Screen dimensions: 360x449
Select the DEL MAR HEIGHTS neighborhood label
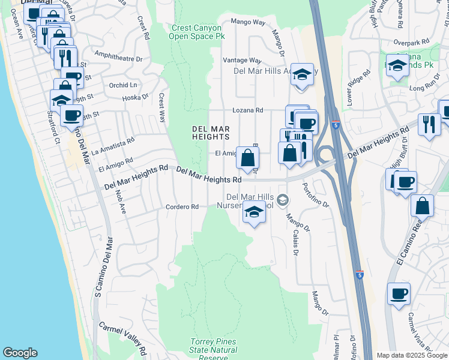[211, 133]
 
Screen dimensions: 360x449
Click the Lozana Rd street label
[248, 110]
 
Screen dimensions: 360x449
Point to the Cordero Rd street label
[182, 207]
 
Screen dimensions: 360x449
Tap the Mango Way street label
[249, 22]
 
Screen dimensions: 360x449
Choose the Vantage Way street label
[242, 61]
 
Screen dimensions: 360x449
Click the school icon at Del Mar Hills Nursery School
[254, 212]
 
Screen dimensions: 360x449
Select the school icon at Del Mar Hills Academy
[302, 74]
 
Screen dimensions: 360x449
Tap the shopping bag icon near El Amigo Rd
[248, 158]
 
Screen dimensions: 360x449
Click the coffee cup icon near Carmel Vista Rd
[399, 294]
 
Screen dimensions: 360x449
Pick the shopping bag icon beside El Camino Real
[423, 205]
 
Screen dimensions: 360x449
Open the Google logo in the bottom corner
[20, 353]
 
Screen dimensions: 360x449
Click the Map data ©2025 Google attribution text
[412, 356]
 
